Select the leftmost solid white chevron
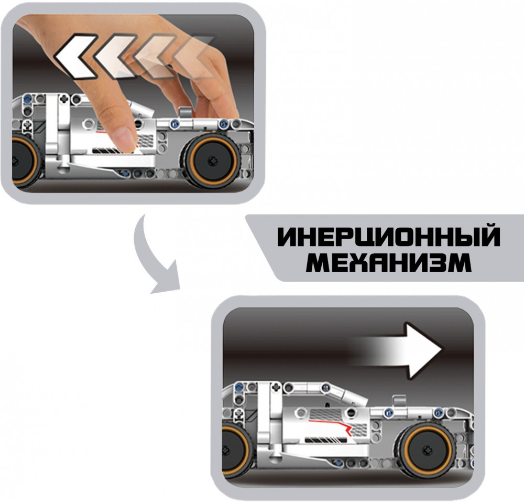pyautogui.click(x=75, y=56)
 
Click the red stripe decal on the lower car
pyautogui.click(x=330, y=427)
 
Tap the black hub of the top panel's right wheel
pyautogui.click(x=212, y=159)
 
